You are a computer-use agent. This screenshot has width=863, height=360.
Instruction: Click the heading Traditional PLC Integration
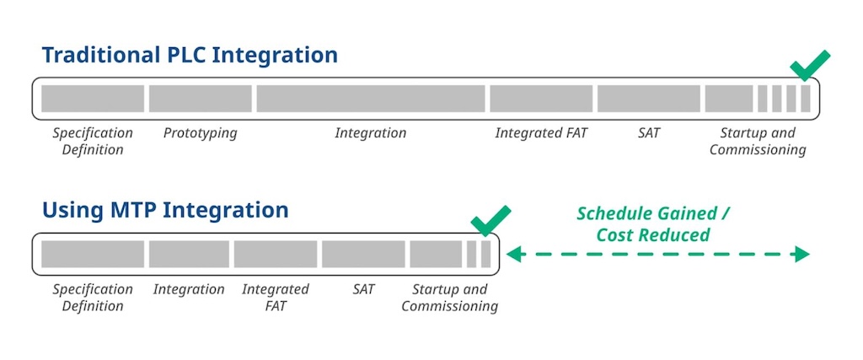pyautogui.click(x=190, y=56)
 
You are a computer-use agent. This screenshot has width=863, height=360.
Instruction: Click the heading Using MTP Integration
pyautogui.click(x=165, y=209)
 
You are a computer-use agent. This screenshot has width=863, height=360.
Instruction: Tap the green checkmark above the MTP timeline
pyautogui.click(x=490, y=220)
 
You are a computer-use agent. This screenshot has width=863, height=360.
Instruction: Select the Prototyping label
pyautogui.click(x=200, y=133)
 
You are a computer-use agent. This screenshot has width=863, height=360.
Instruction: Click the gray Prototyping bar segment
pyautogui.click(x=201, y=99)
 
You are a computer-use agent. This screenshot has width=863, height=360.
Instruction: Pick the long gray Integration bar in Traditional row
pyautogui.click(x=371, y=99)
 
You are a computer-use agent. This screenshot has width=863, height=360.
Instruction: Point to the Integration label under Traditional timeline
pyautogui.click(x=371, y=133)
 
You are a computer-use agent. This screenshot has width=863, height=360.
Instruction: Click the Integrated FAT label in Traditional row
pyautogui.click(x=541, y=133)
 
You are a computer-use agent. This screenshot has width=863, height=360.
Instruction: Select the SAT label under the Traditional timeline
pyautogui.click(x=649, y=133)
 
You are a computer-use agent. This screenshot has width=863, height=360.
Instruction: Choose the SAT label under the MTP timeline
pyautogui.click(x=363, y=289)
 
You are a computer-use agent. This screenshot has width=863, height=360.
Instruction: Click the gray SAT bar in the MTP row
pyautogui.click(x=363, y=254)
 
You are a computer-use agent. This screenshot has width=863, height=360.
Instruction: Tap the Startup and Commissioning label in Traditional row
pyautogui.click(x=758, y=142)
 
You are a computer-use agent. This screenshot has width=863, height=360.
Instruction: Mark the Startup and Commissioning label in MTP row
pyautogui.click(x=449, y=298)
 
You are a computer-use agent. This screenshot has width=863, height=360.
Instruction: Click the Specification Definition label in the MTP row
pyautogui.click(x=93, y=298)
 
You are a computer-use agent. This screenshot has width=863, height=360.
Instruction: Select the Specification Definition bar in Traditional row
pyautogui.click(x=93, y=99)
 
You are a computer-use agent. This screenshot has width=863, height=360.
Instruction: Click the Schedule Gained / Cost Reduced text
pyautogui.click(x=653, y=224)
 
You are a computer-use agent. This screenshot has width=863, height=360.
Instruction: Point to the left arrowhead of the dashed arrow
pyautogui.click(x=512, y=254)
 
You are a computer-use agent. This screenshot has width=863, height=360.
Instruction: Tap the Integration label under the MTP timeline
pyautogui.click(x=189, y=289)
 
